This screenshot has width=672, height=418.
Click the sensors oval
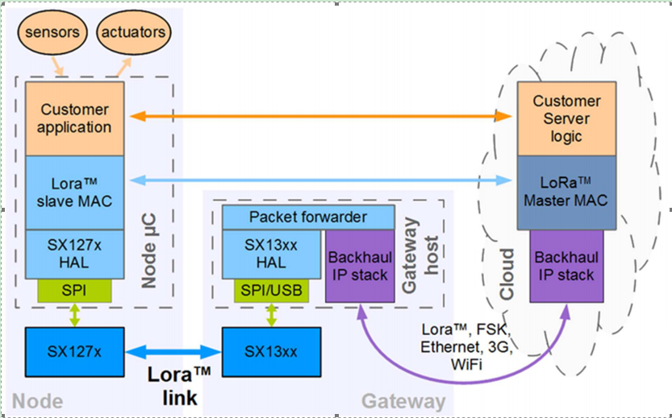[52, 33]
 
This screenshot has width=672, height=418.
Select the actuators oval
[134, 33]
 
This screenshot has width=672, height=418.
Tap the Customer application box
[75, 118]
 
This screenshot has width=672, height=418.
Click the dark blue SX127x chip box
[75, 351]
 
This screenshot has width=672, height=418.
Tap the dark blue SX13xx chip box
[270, 351]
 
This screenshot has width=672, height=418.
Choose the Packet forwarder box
[307, 217]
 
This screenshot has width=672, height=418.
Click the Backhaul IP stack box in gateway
[360, 266]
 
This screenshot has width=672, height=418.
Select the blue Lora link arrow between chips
[173, 351]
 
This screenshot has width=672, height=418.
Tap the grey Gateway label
[403, 401]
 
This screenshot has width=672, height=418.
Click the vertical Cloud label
[507, 274]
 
